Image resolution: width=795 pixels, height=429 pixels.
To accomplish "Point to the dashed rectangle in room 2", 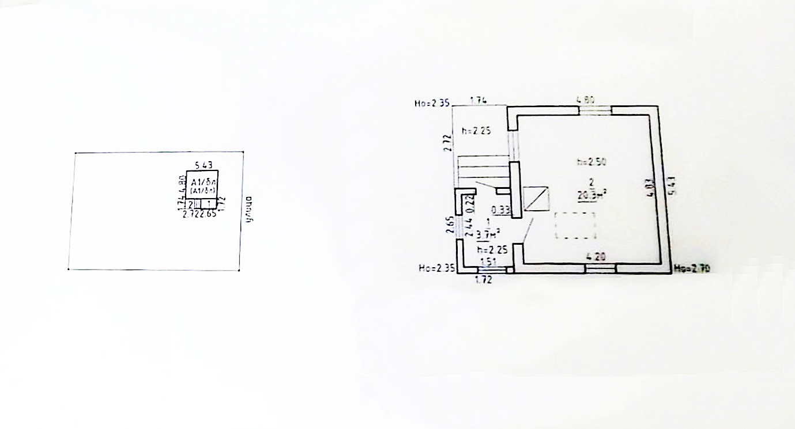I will (575, 226).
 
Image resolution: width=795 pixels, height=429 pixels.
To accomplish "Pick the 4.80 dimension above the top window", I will (586, 100).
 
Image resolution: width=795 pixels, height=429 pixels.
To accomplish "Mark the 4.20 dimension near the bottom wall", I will (595, 257).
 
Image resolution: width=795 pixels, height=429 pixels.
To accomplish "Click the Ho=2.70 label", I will (689, 268).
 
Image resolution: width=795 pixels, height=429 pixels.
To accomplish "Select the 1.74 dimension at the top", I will (479, 100).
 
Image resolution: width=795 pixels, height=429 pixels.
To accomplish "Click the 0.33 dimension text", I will (503, 210).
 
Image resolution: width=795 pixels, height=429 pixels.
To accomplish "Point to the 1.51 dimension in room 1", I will (488, 263).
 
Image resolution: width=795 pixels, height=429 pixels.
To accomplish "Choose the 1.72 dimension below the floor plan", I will (483, 280).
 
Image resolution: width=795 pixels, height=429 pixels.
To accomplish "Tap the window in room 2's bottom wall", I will (601, 268).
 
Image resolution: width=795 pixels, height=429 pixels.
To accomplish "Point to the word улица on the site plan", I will (250, 210).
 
